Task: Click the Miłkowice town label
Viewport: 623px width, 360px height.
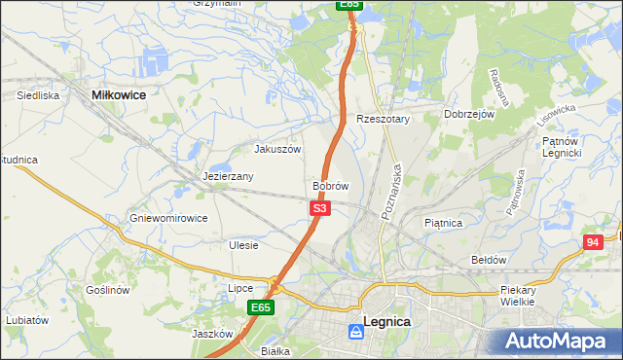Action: [x=118, y=94]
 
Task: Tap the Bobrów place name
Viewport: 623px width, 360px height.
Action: [x=331, y=185]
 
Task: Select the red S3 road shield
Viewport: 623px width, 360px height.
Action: [x=321, y=208]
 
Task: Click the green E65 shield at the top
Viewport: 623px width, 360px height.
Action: [x=350, y=5]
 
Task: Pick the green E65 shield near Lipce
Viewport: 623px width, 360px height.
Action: [x=259, y=307]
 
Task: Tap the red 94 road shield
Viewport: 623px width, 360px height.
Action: [x=593, y=242]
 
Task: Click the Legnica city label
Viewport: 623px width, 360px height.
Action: [x=386, y=321]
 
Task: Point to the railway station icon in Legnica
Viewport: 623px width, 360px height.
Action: [x=356, y=333]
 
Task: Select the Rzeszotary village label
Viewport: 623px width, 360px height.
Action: [x=384, y=119]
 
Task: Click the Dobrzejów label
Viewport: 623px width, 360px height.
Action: [x=470, y=114]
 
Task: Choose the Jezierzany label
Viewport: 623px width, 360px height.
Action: [x=229, y=176]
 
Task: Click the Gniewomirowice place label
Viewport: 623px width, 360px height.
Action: [x=168, y=218]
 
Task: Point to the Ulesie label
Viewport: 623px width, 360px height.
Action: [x=243, y=245]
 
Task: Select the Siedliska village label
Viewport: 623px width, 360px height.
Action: [x=39, y=95]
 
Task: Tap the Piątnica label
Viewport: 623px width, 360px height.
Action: [x=443, y=223]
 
